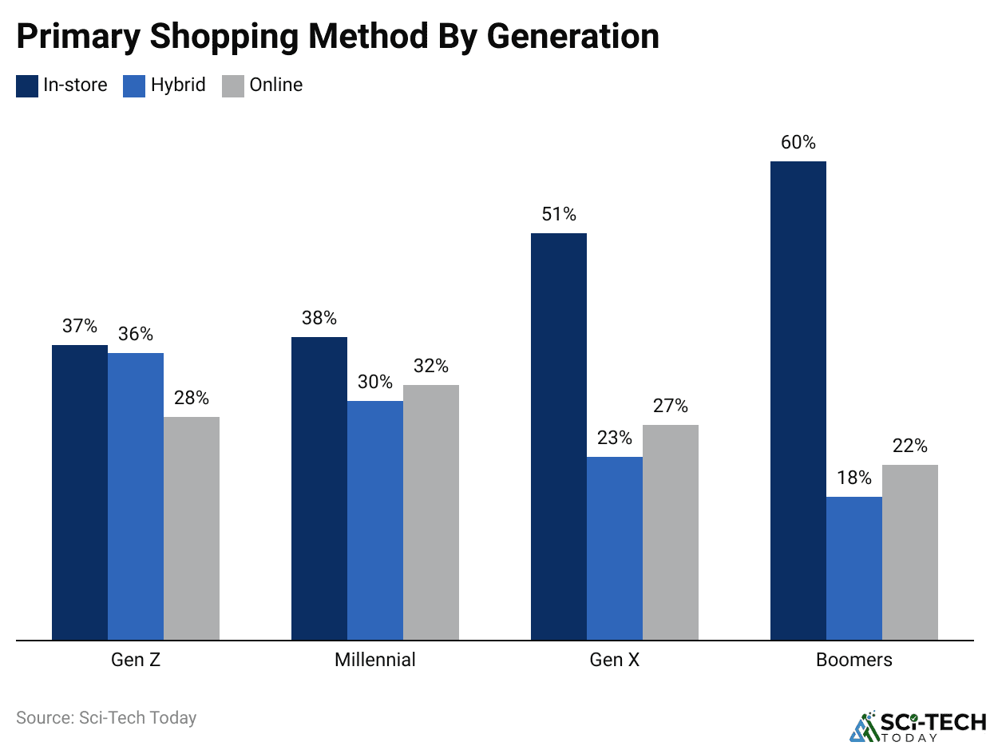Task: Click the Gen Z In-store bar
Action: click(x=80, y=492)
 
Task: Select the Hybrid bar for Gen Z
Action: click(x=136, y=496)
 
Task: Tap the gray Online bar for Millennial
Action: click(x=431, y=512)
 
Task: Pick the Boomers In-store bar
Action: click(x=798, y=400)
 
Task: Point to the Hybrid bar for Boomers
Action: click(x=854, y=568)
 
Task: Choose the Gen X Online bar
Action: click(x=671, y=532)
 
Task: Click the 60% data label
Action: click(x=798, y=143)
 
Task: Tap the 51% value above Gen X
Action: click(x=559, y=215)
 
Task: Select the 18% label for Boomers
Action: click(x=854, y=478)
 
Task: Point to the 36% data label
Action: click(x=136, y=335)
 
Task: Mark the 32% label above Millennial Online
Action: click(x=431, y=367)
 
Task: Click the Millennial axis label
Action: click(x=375, y=661)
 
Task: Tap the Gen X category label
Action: click(x=615, y=661)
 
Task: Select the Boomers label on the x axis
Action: click(x=854, y=661)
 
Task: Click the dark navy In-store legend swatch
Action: click(x=27, y=85)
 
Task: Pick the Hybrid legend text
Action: click(x=178, y=85)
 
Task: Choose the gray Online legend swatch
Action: click(x=233, y=85)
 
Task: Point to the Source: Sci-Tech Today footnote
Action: click(x=106, y=717)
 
